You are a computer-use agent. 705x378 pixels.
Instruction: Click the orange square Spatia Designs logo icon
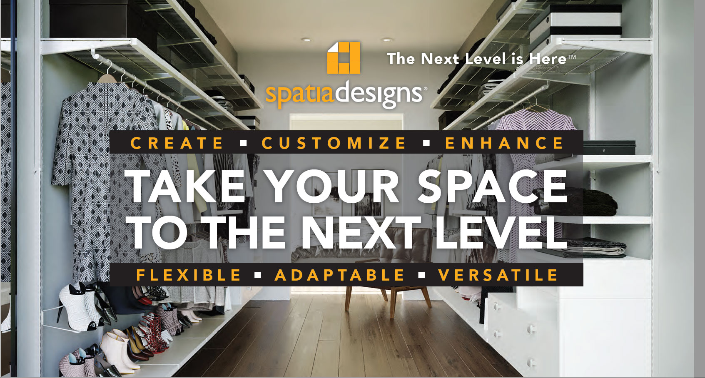pyautogui.click(x=344, y=57)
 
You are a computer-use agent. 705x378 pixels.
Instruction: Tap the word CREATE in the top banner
pyautogui.click(x=177, y=143)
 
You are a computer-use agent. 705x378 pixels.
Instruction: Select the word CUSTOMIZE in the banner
pyautogui.click(x=334, y=143)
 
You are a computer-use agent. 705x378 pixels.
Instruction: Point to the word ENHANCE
pyautogui.click(x=504, y=143)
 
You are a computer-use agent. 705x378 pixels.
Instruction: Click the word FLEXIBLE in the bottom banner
pyautogui.click(x=189, y=275)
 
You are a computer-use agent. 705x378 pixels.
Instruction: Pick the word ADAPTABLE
pyautogui.click(x=340, y=275)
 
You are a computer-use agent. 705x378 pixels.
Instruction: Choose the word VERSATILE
pyautogui.click(x=498, y=275)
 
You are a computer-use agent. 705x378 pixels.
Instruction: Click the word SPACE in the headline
pyautogui.click(x=492, y=187)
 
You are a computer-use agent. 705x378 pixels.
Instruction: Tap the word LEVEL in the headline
pyautogui.click(x=501, y=232)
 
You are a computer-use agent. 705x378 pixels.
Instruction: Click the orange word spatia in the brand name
pyautogui.click(x=300, y=93)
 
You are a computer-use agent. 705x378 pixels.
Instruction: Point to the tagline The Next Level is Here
pyautogui.click(x=481, y=59)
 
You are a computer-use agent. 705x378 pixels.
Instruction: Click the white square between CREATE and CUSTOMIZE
pyautogui.click(x=243, y=143)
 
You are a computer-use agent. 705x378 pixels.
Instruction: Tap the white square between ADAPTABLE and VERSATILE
pyautogui.click(x=422, y=276)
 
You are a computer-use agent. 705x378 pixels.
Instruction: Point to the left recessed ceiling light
pyautogui.click(x=306, y=40)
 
